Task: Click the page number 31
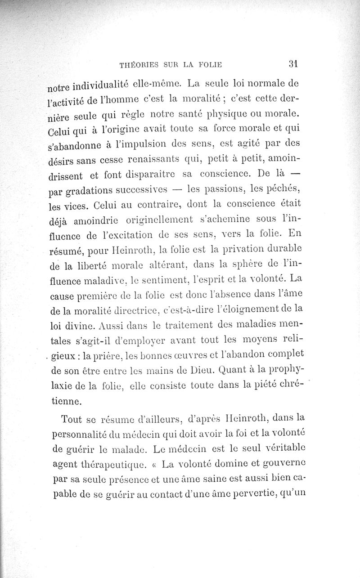click(x=295, y=64)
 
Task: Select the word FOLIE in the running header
click(x=208, y=65)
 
